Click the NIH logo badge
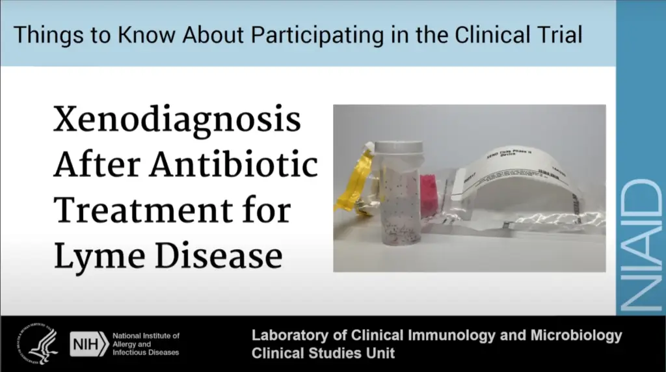coord(88,343)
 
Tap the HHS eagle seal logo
coord(38,343)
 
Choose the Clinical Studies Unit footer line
coord(323,354)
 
